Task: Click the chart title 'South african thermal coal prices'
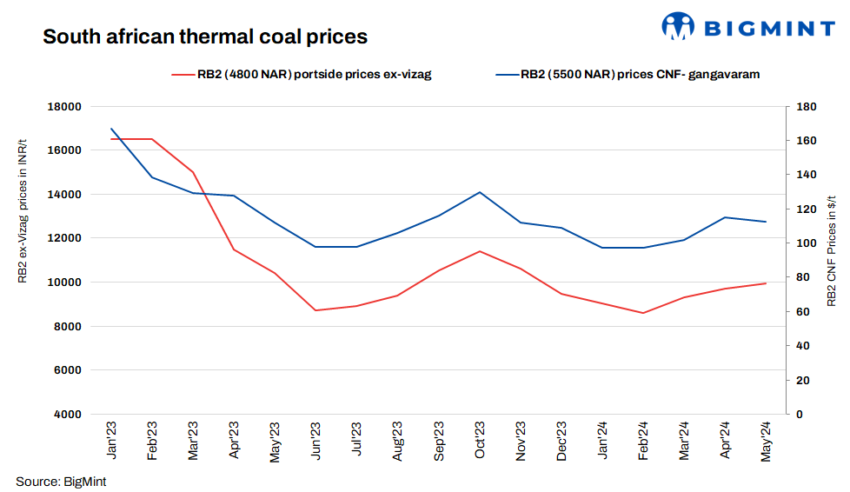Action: pos(205,37)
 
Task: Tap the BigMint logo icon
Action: pos(678,26)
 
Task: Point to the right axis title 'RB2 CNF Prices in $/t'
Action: pos(831,248)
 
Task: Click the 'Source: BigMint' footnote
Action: pos(61,482)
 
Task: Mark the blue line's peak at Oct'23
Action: pos(480,192)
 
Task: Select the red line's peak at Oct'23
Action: pos(480,251)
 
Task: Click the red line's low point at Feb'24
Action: pos(643,313)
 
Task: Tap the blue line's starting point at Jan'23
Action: pos(111,129)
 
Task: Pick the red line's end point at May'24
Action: pos(766,283)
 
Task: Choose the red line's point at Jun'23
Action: pos(316,310)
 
